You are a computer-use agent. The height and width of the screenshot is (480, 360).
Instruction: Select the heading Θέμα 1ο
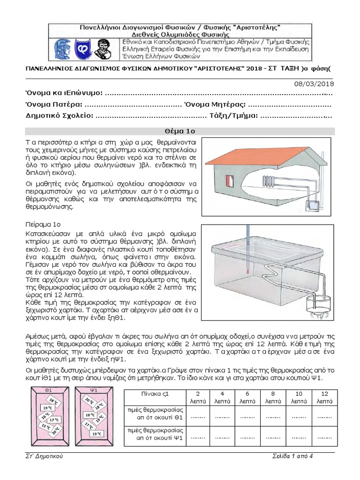coord(180,131)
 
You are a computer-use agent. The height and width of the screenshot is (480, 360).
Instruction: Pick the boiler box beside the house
coord(313,205)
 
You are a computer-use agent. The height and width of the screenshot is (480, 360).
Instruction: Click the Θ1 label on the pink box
coord(48,390)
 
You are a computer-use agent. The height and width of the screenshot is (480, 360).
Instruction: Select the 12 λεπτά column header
coord(322,397)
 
